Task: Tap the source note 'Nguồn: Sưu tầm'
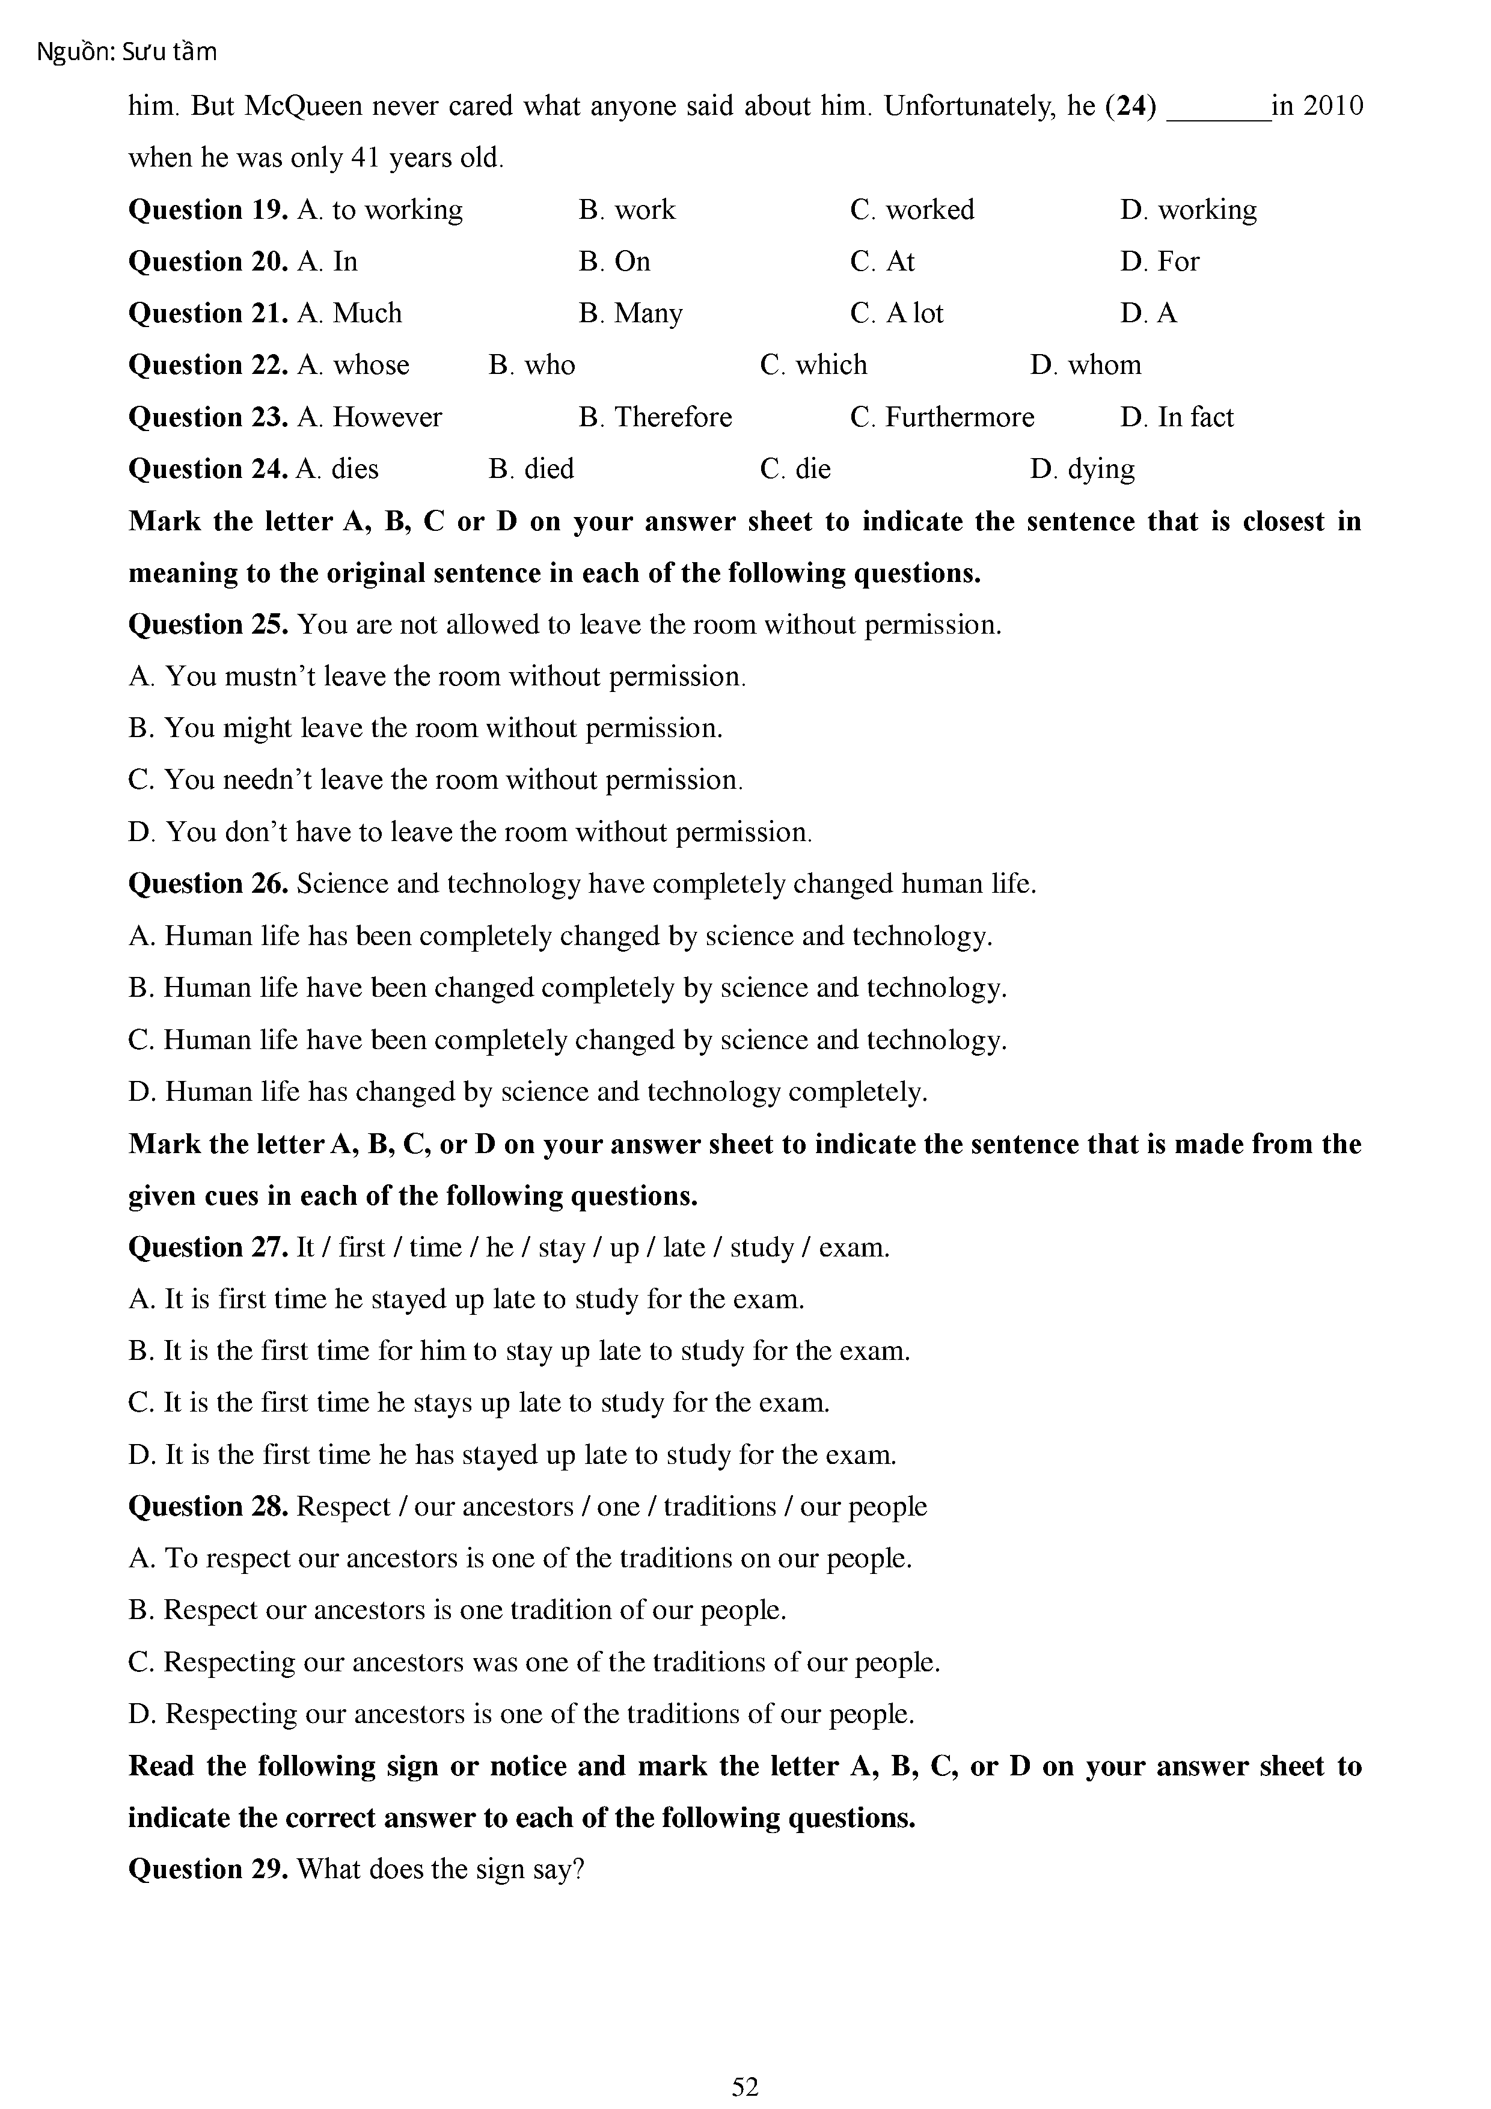(x=127, y=52)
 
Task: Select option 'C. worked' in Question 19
(x=911, y=210)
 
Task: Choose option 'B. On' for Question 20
(x=614, y=262)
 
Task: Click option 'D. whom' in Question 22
(x=1085, y=366)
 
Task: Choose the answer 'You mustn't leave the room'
(x=437, y=677)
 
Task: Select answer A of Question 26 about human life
(x=560, y=936)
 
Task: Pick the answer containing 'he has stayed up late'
(x=513, y=1455)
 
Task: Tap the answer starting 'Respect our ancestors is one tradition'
(x=458, y=1610)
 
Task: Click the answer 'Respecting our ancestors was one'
(x=534, y=1662)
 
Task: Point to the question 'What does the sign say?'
(x=441, y=1869)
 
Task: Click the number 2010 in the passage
(x=1332, y=106)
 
